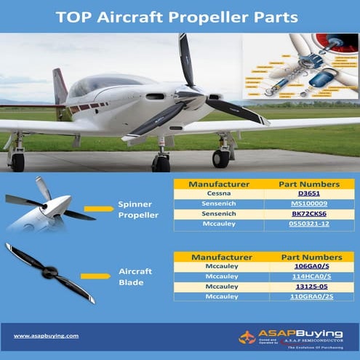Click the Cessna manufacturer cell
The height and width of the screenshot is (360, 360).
(218, 196)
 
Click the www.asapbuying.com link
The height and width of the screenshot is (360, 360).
(47, 335)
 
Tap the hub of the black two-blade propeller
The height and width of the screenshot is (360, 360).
(49, 273)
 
